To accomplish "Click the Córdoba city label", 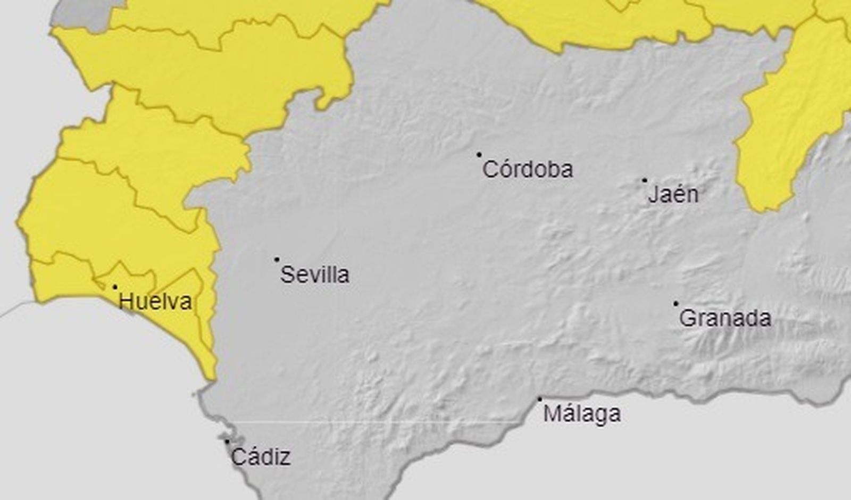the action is click(528, 170).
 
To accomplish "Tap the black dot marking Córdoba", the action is click(479, 155).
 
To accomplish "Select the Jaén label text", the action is click(673, 195).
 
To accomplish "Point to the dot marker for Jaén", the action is click(645, 180).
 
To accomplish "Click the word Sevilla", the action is click(314, 275).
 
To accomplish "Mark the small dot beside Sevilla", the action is click(277, 260).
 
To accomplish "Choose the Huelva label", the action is click(155, 302).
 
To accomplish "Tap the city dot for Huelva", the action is click(115, 287).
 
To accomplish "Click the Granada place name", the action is click(725, 319).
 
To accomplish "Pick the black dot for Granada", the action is click(676, 304).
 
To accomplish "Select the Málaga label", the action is click(582, 414).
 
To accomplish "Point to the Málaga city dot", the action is click(540, 399).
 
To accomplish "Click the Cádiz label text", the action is click(261, 457).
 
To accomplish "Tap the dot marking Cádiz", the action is click(227, 441).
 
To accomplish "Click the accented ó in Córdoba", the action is click(505, 170).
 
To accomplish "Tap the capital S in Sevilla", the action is click(287, 275).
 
